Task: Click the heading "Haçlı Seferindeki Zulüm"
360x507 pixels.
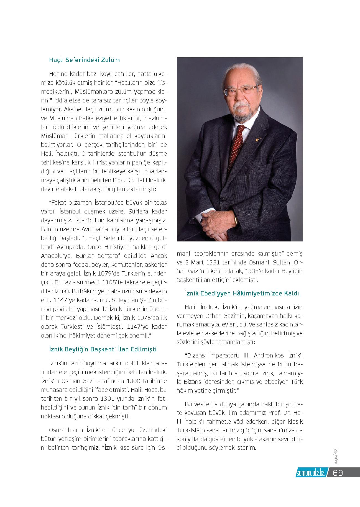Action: coord(84,60)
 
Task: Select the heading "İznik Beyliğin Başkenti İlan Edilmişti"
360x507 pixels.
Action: coord(103,349)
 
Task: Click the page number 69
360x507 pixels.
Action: coord(338,473)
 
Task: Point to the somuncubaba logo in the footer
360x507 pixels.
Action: coord(310,473)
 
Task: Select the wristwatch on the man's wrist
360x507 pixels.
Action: coord(236,220)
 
